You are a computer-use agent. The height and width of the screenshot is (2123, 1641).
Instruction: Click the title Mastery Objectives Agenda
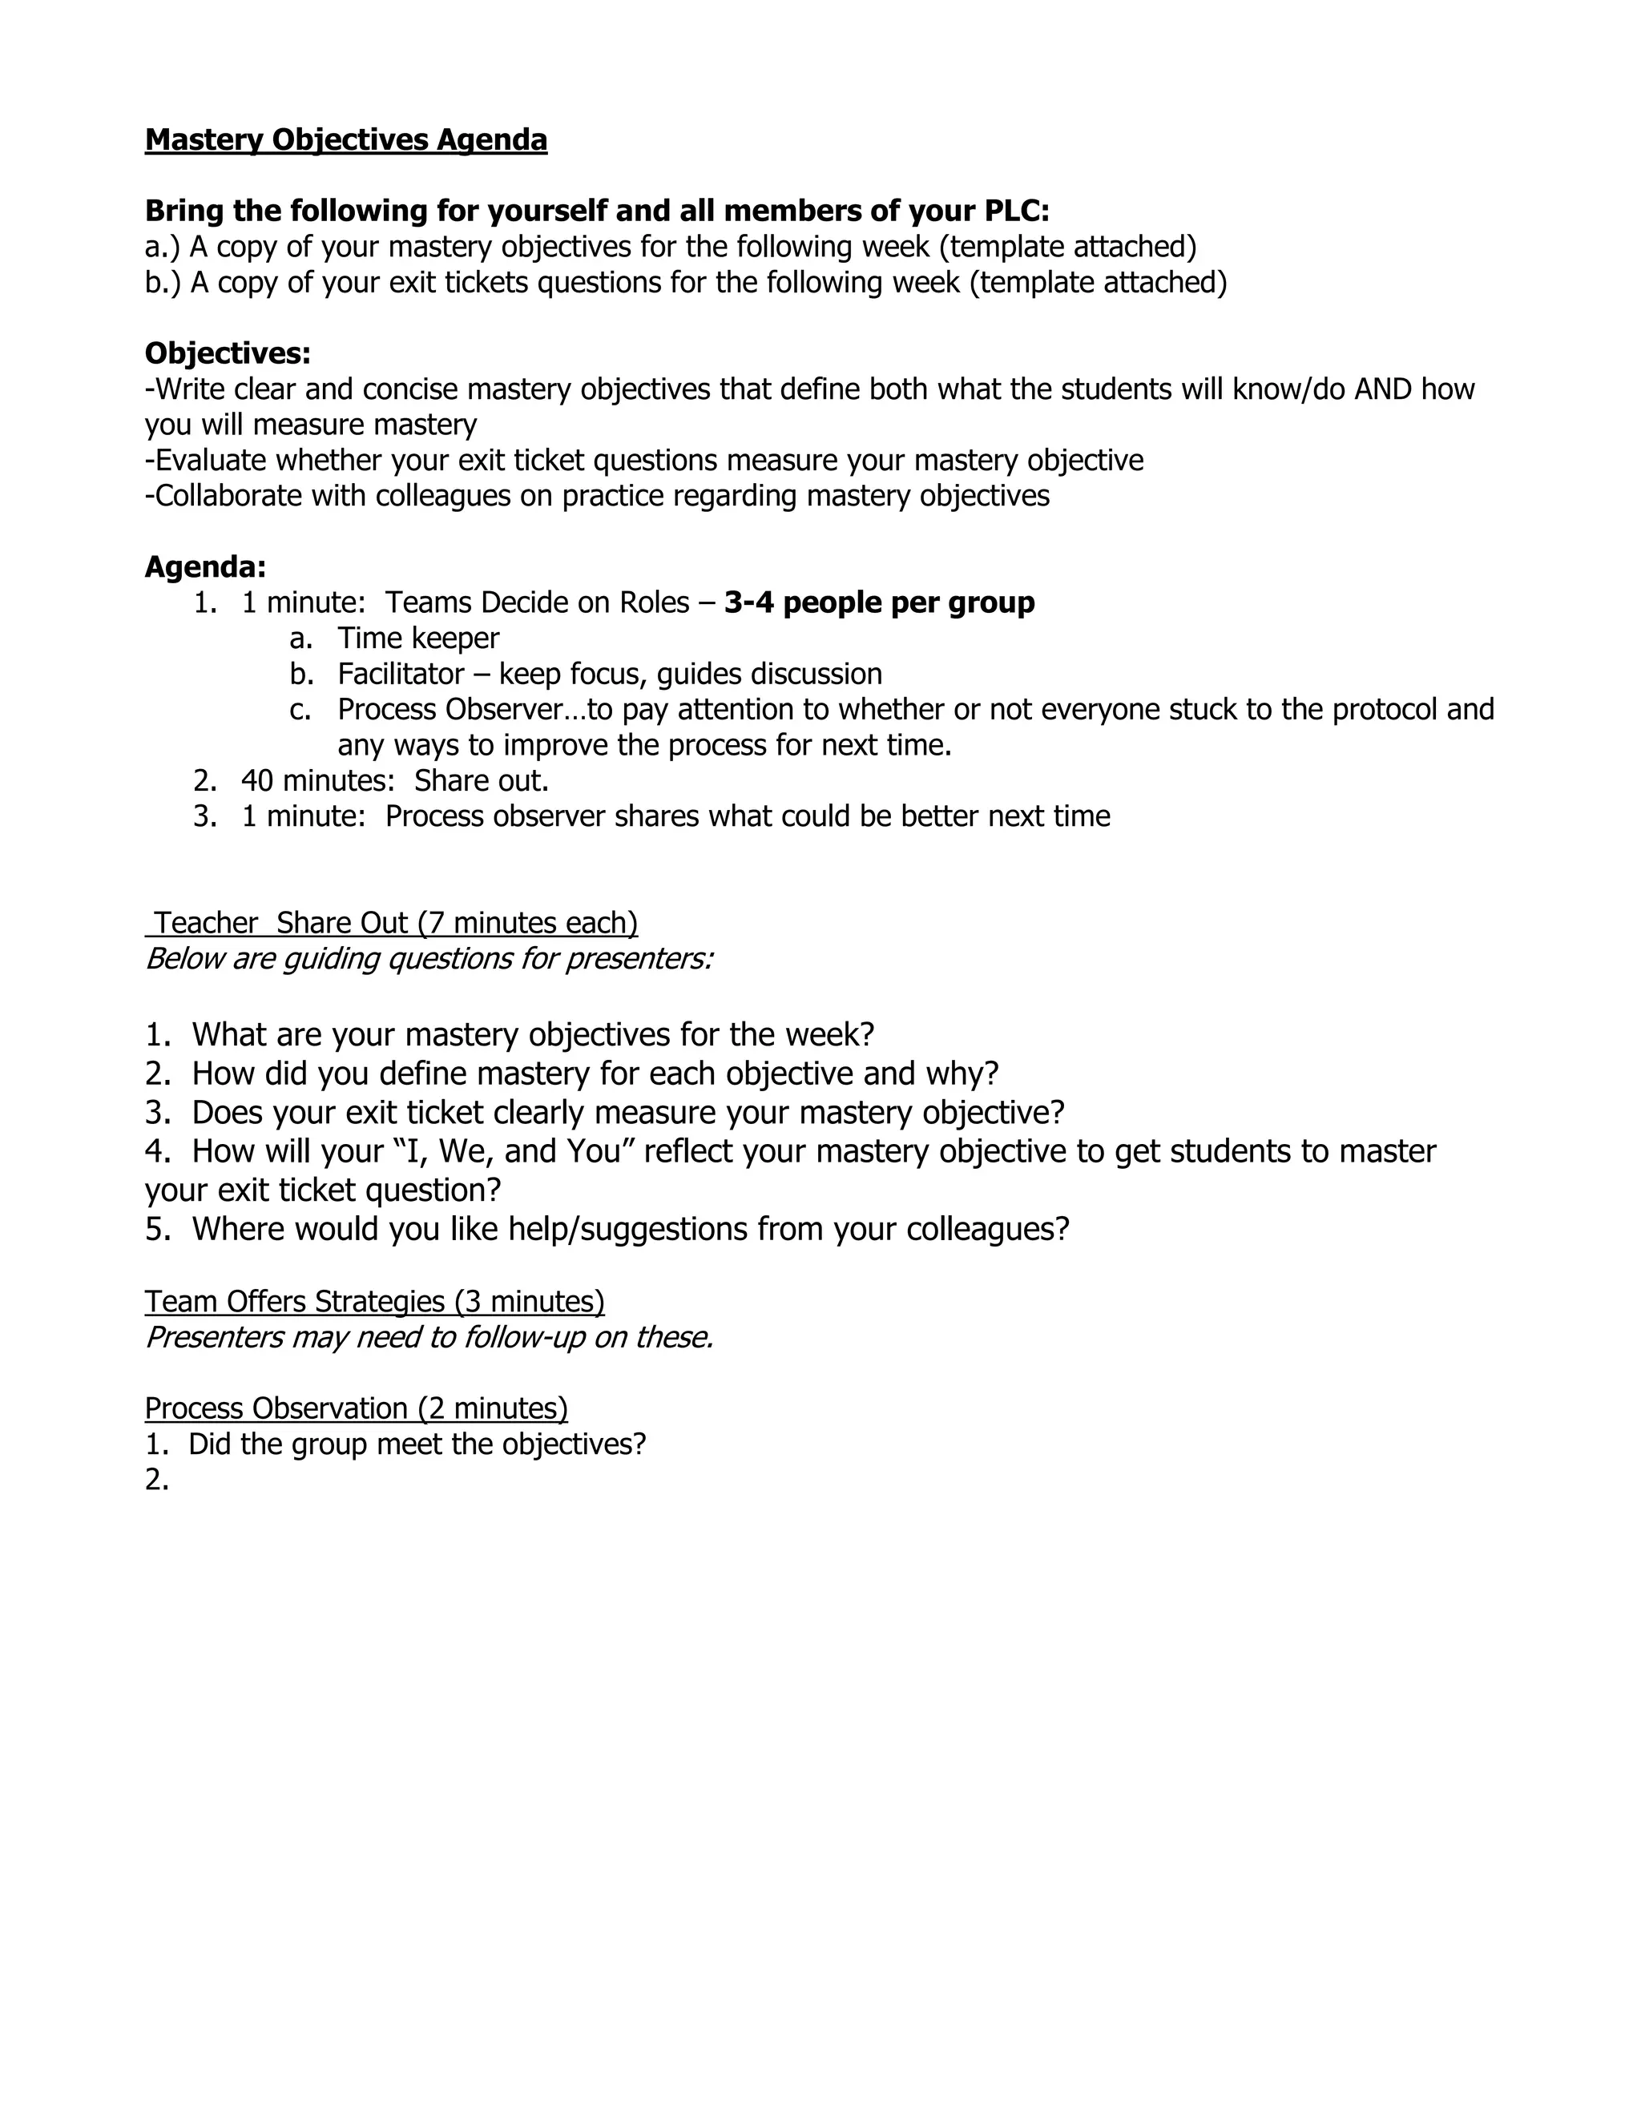[x=345, y=140]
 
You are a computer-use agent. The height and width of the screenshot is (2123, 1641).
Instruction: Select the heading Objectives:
[x=228, y=352]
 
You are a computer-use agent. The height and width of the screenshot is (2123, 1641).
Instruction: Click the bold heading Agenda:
[x=205, y=566]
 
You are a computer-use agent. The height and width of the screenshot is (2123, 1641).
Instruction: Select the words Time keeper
[x=418, y=639]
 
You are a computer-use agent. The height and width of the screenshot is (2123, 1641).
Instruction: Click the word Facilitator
[x=401, y=674]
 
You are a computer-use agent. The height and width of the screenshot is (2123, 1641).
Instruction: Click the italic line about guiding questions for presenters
[x=429, y=958]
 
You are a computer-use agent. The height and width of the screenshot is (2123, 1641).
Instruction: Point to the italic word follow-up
[x=525, y=1338]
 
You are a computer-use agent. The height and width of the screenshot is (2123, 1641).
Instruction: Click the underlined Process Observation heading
[x=356, y=1408]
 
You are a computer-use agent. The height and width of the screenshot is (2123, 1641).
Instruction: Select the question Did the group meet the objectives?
[x=417, y=1444]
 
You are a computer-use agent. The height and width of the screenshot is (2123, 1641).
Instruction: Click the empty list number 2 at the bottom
[x=155, y=1480]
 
